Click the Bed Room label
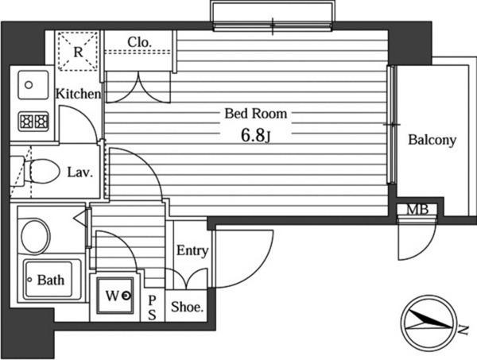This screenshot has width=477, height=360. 256,114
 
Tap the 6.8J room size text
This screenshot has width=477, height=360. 256,136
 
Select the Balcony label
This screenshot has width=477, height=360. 432,140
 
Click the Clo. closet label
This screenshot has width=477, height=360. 139,42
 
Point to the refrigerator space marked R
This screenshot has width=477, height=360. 78,52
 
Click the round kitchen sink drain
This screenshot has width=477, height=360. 29,85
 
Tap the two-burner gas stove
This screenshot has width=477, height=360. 33,122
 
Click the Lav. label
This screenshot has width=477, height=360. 79,172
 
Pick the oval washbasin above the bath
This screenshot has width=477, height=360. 35,237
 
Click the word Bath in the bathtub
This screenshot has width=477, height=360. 51,280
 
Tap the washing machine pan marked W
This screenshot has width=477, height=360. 115,296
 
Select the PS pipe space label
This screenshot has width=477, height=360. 152,308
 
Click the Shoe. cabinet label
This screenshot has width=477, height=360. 187,307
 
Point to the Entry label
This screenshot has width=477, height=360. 192,251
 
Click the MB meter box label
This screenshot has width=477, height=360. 417,209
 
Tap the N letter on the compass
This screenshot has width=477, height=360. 463,330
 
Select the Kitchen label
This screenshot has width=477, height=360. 78,94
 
